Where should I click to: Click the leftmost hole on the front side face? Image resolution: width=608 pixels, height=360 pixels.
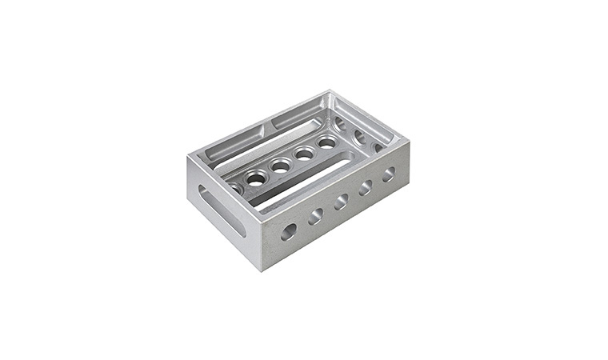click(288, 231)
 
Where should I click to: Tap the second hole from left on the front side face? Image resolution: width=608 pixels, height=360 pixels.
click(316, 215)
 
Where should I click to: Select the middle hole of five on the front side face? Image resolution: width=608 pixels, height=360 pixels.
click(342, 201)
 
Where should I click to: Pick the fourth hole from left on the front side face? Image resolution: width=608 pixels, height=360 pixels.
click(366, 187)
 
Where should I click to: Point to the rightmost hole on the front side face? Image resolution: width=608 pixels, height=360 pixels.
click(389, 174)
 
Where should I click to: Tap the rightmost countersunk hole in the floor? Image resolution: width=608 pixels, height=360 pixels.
click(327, 142)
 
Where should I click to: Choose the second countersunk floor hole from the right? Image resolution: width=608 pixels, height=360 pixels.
click(304, 153)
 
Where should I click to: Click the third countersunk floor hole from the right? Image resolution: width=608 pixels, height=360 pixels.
click(281, 166)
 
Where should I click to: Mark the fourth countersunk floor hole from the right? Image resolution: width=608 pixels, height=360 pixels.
click(256, 178)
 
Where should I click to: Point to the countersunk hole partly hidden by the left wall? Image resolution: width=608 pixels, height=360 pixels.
click(234, 189)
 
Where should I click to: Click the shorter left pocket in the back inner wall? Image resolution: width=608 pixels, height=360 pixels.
click(234, 142)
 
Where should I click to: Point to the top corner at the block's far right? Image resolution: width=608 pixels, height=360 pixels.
click(409, 142)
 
